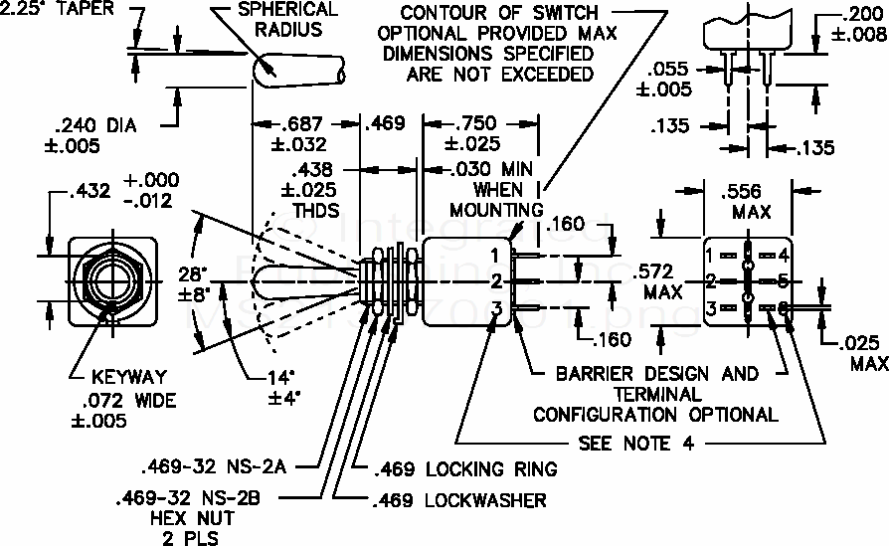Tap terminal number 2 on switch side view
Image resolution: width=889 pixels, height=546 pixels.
(494, 281)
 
